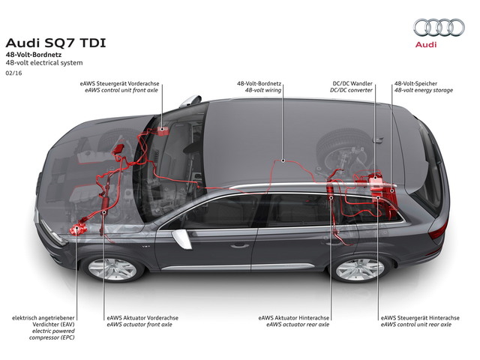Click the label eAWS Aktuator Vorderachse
142,318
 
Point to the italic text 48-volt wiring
258,90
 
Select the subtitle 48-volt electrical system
40,63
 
